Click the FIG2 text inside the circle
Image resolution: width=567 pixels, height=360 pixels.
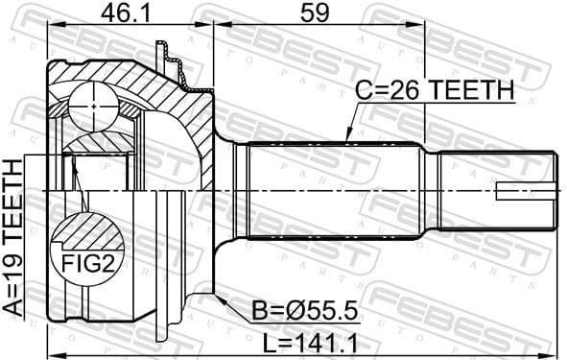(88, 261)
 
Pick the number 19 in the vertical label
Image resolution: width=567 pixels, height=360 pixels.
(14, 264)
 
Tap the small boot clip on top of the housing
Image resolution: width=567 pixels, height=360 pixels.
(173, 60)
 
